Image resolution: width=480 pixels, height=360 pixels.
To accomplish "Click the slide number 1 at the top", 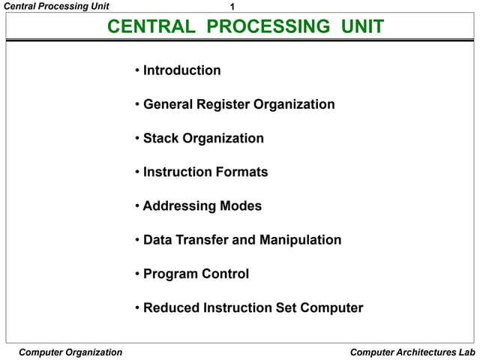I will click(x=232, y=7).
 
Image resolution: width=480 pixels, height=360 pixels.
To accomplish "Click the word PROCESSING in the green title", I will click(x=268, y=28).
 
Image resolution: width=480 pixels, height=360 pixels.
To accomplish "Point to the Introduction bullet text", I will click(x=181, y=70).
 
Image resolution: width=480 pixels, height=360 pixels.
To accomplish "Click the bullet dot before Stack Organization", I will click(x=138, y=139).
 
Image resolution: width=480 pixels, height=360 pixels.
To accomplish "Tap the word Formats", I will click(x=241, y=172).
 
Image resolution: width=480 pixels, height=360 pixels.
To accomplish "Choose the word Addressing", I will click(x=179, y=206).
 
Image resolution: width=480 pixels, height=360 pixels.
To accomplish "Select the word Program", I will click(x=170, y=274).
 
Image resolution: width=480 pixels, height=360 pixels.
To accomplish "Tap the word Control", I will click(x=225, y=274).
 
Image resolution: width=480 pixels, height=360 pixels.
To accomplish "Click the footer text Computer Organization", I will click(x=70, y=352).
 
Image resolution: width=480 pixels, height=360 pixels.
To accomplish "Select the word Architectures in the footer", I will click(x=427, y=352).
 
